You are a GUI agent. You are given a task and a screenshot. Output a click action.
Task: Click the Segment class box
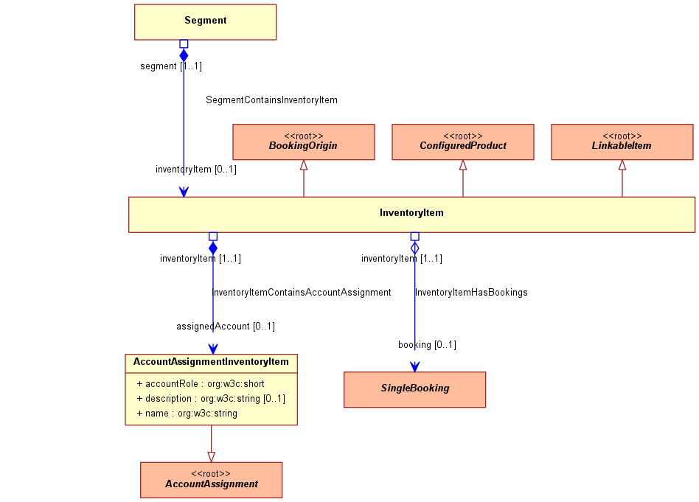205,22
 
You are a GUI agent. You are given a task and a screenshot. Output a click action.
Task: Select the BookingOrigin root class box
304,142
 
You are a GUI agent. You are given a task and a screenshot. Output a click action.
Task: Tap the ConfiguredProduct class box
463,142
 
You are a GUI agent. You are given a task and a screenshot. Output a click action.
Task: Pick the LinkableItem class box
622,142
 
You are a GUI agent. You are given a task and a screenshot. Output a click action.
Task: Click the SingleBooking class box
414,389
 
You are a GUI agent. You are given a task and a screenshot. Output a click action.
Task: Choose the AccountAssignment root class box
212,480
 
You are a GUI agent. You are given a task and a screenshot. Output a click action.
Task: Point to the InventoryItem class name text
411,212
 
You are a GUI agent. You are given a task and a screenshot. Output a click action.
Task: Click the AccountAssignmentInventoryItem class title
211,361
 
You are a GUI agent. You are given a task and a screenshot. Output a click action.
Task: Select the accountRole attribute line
200,384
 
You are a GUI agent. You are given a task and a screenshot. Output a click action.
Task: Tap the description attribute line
211,399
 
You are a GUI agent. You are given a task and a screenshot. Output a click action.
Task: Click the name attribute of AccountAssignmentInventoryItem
187,414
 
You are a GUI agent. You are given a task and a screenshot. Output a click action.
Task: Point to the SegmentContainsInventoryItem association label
271,100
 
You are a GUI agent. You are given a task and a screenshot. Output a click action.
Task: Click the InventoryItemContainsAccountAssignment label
302,293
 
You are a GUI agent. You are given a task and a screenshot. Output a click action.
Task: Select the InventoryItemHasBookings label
471,293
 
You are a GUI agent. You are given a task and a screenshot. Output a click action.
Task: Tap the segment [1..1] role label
171,66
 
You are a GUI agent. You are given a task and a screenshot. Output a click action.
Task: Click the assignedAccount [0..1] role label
226,327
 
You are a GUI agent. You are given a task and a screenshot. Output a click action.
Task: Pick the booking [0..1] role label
427,345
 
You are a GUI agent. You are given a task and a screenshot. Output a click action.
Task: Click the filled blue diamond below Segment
184,55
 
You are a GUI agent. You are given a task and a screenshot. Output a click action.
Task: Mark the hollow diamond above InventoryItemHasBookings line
414,248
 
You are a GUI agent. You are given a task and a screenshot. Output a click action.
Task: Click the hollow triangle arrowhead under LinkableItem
622,165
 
